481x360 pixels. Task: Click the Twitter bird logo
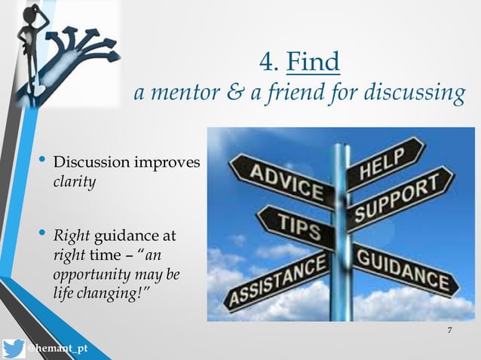click(x=13, y=349)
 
